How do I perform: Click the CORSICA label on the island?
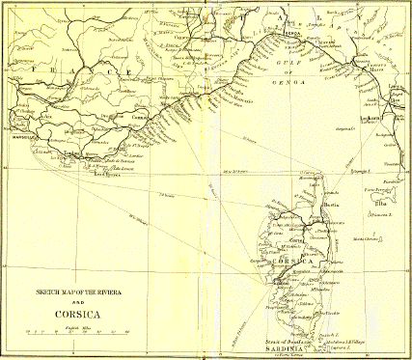point(295,262)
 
